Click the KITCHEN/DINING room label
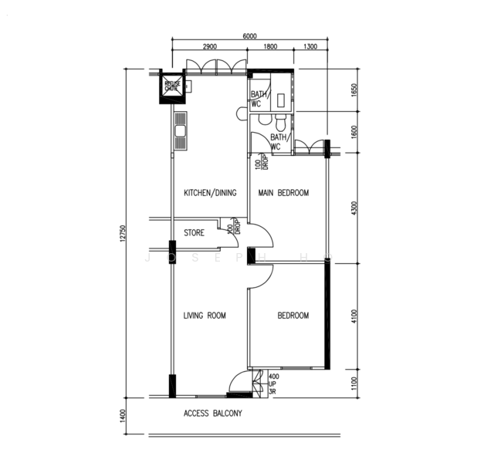pos(209,193)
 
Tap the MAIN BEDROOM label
pos(283,193)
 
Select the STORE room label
pos(194,232)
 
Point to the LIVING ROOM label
pos(205,316)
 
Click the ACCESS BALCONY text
pos(213,414)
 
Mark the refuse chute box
pos(171,86)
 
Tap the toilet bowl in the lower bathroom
pos(280,123)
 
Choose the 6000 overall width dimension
pos(249,35)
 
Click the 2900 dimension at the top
pos(209,48)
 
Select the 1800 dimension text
pos(270,48)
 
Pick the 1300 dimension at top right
pos(310,48)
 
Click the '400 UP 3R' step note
pos(273,384)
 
